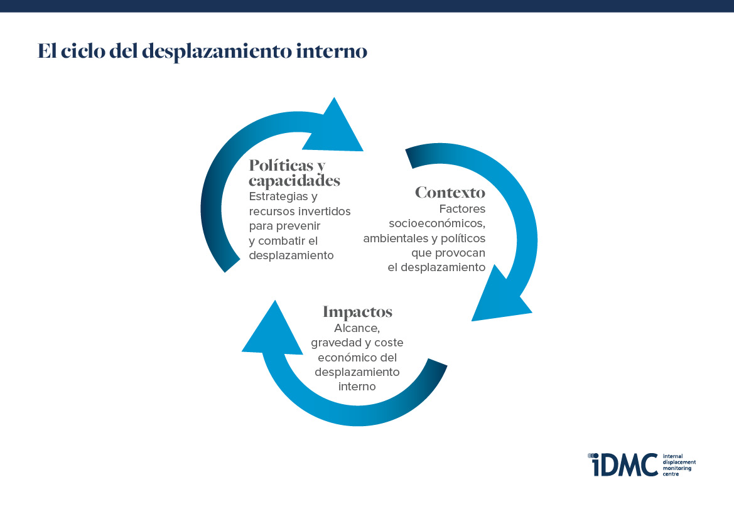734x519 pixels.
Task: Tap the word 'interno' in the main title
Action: click(332, 51)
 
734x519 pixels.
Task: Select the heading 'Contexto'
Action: click(450, 192)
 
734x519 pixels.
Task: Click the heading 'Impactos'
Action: click(357, 312)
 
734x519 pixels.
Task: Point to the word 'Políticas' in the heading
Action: click(281, 164)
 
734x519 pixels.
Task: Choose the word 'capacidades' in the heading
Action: click(294, 180)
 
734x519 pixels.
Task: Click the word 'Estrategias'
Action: click(279, 196)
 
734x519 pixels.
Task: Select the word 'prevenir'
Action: click(299, 226)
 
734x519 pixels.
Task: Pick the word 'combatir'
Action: click(281, 240)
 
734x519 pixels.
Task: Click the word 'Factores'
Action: click(462, 209)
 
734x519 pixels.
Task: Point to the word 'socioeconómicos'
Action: click(436, 223)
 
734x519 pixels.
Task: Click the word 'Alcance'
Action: click(356, 328)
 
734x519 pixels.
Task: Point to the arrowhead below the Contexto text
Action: click(499, 296)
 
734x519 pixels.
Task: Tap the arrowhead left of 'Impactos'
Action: click(273, 331)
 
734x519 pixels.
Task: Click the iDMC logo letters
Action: click(623, 464)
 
